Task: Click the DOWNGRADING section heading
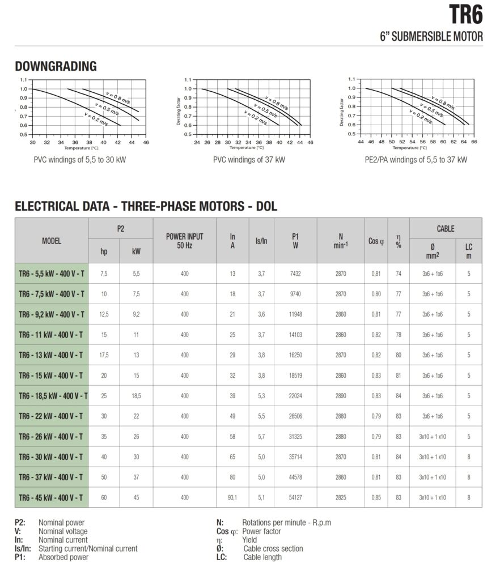point(56,67)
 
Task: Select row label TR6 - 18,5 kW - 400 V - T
point(52,395)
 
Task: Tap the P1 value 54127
point(295,497)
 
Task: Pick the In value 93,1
point(232,497)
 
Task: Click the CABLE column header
point(445,229)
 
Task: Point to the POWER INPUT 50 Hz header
point(184,240)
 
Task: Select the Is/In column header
point(261,240)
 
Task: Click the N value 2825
point(340,497)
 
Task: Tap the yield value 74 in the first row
point(399,274)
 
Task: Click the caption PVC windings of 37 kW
point(249,160)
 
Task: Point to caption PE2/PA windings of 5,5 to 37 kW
point(416,160)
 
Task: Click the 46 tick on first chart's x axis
point(146,143)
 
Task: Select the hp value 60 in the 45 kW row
point(104,497)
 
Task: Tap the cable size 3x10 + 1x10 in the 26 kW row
point(433,436)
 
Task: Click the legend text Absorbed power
point(63,557)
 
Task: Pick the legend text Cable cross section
point(273,548)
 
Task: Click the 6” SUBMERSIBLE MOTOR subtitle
point(431,37)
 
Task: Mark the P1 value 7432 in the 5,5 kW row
point(295,274)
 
